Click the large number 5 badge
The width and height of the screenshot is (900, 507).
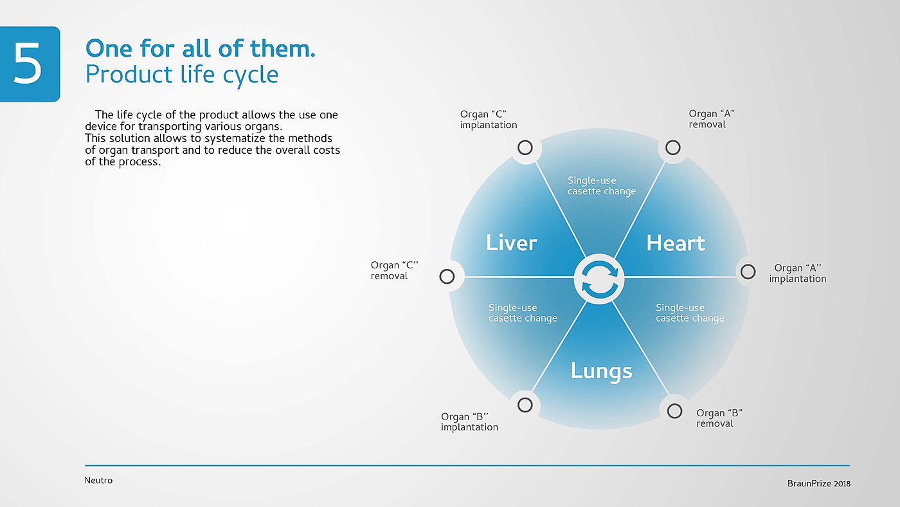tap(29, 64)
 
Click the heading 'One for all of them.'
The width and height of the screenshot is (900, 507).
tap(200, 48)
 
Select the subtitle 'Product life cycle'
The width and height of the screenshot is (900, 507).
tap(182, 75)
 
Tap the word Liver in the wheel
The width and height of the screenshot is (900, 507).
tap(511, 243)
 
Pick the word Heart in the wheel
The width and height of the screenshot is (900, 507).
tap(676, 243)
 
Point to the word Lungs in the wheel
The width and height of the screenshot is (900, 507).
tap(601, 371)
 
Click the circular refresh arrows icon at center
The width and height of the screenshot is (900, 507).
tap(598, 278)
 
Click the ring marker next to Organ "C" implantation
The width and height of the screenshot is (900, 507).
tap(525, 148)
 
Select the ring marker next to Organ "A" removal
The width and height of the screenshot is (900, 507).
tap(672, 148)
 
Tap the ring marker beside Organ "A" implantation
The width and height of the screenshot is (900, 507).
tap(747, 272)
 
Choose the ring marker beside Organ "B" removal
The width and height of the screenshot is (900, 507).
tap(674, 410)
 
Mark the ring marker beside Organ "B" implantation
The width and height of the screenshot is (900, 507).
tap(525, 405)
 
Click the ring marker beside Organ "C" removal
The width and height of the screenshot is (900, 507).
tap(447, 277)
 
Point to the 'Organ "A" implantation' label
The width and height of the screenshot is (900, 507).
tap(798, 273)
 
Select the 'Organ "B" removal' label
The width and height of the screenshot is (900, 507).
tap(719, 418)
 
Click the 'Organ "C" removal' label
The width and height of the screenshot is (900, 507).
tap(394, 270)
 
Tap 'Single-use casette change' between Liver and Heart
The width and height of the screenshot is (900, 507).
tap(601, 186)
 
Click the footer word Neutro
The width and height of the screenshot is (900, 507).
tap(98, 480)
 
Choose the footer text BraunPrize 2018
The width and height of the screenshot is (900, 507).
tap(818, 483)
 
